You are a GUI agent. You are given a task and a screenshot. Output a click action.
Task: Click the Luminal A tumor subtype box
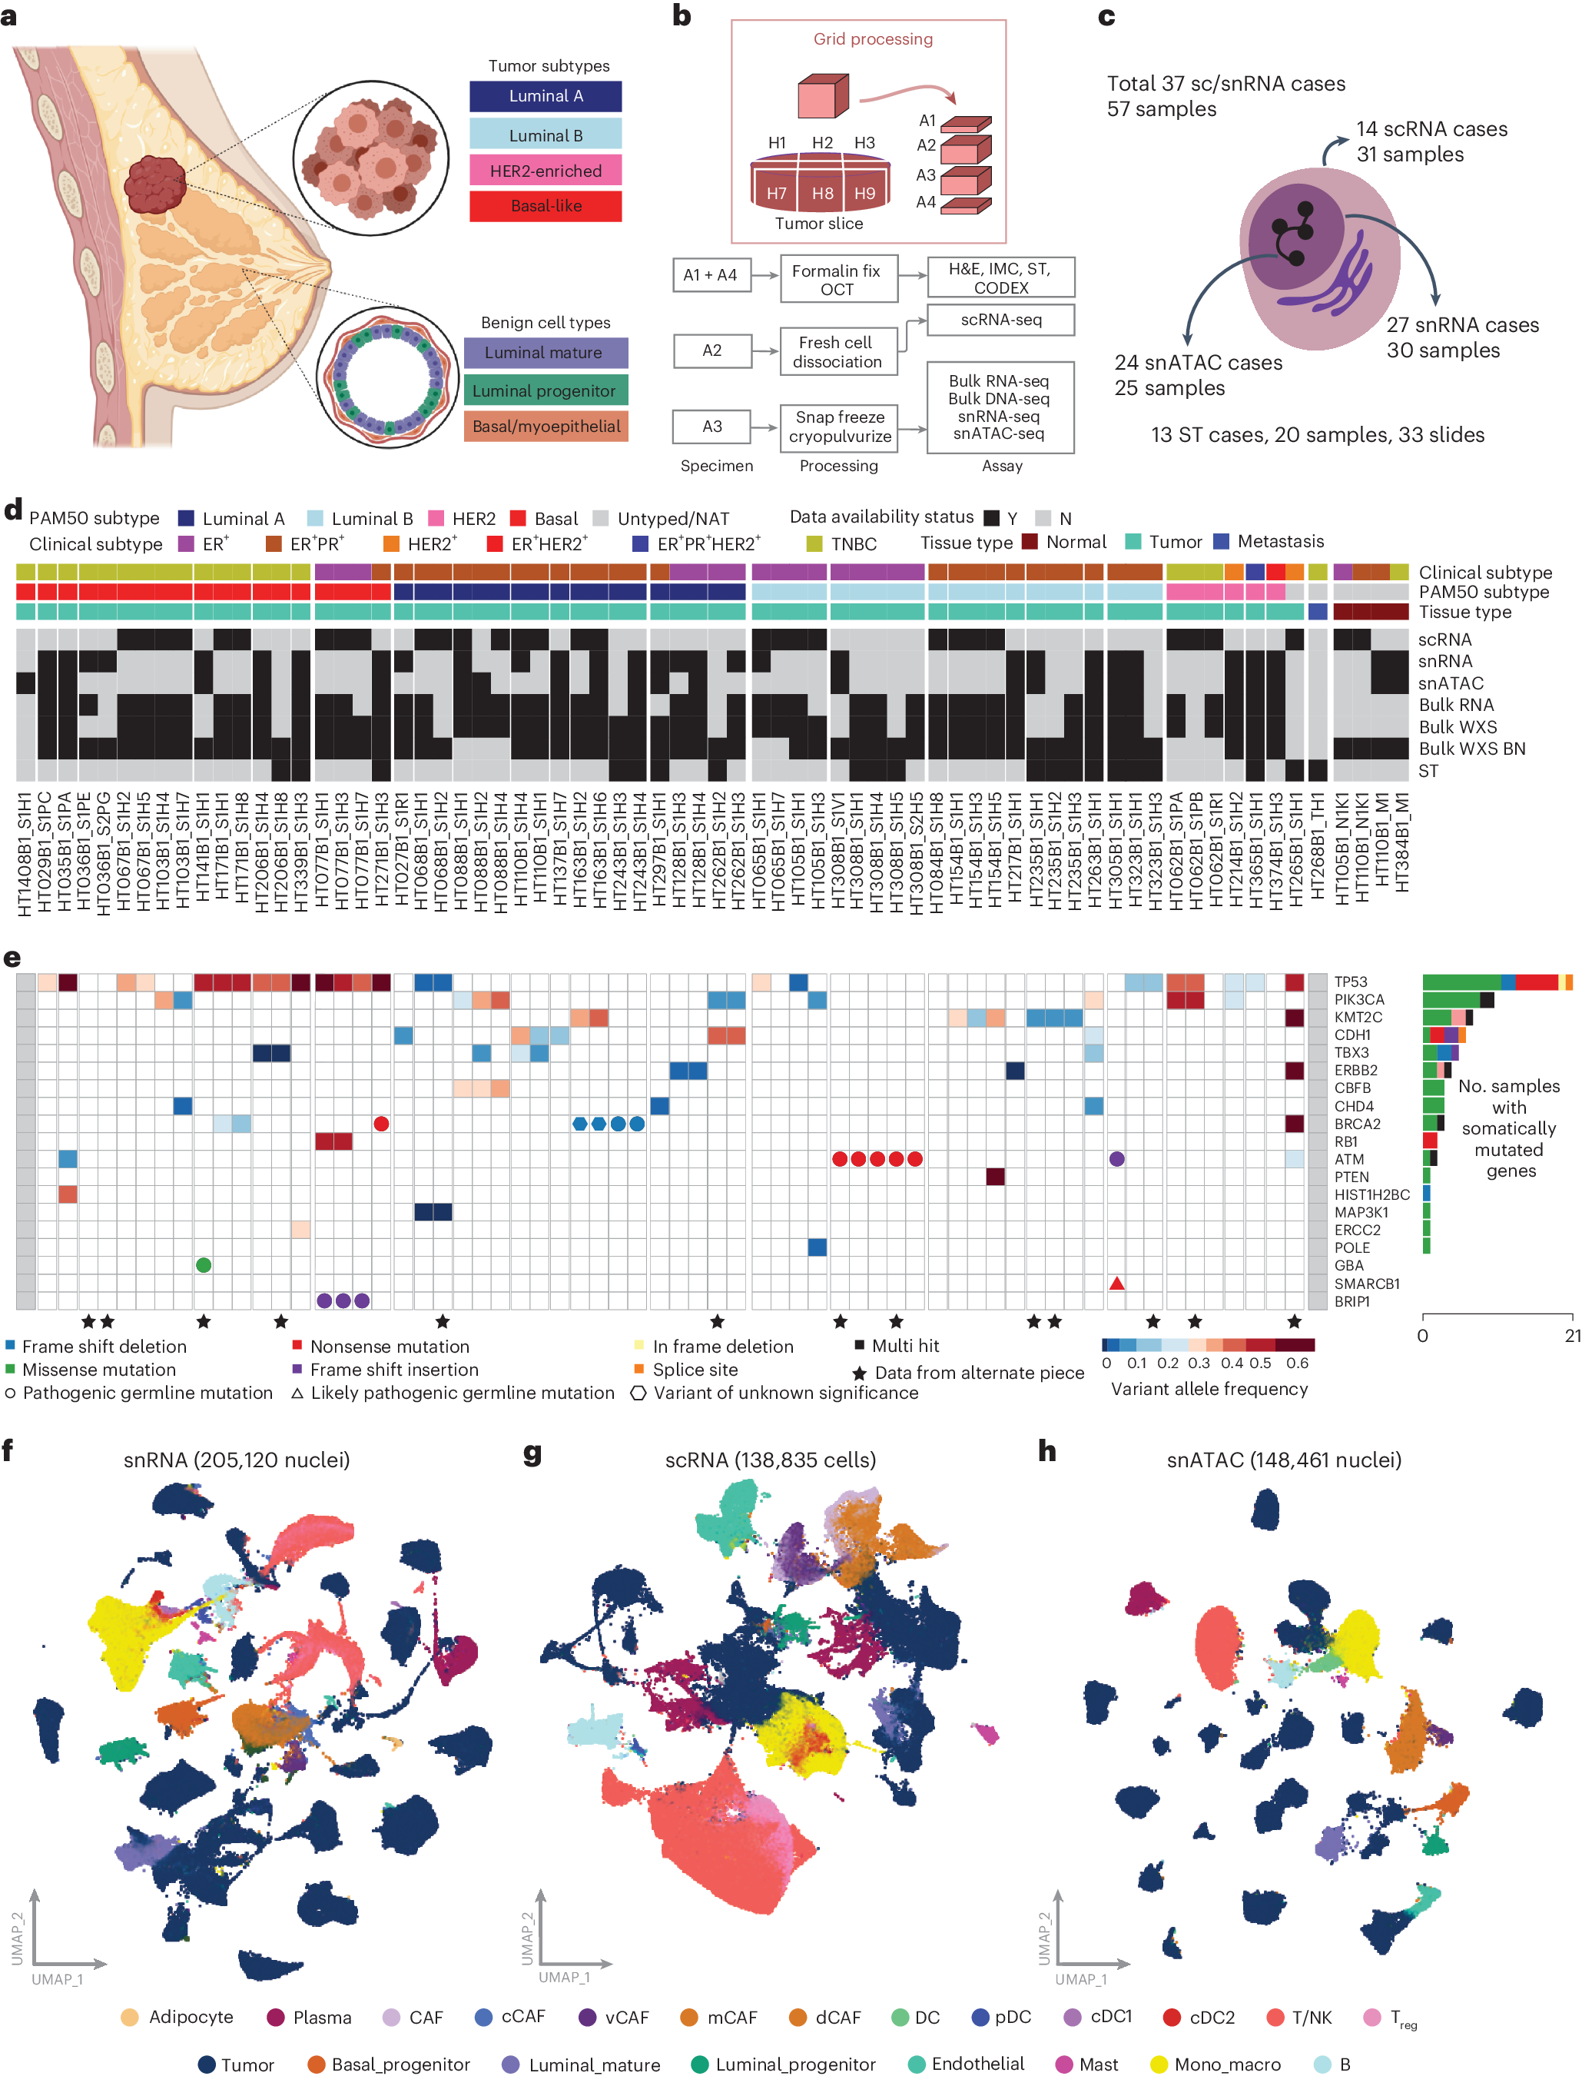click(546, 96)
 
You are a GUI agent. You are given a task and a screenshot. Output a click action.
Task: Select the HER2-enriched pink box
click(546, 171)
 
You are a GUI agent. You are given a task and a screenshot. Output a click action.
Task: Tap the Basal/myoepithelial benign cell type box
click(546, 426)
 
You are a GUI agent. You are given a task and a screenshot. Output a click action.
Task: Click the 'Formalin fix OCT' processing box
click(837, 280)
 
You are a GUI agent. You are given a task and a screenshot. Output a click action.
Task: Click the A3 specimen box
click(712, 426)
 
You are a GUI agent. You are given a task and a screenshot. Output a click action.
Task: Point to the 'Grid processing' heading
click(873, 38)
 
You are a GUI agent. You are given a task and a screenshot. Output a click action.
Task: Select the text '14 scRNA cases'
click(1431, 129)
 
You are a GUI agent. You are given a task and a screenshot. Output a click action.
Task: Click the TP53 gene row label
click(1351, 982)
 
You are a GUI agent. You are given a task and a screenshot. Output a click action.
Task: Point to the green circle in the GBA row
click(204, 1265)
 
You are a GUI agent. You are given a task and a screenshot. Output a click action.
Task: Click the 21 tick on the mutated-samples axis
click(1572, 1336)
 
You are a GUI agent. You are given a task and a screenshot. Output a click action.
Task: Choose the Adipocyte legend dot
click(130, 2017)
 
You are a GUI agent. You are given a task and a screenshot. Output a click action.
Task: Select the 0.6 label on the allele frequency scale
click(1297, 1363)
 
